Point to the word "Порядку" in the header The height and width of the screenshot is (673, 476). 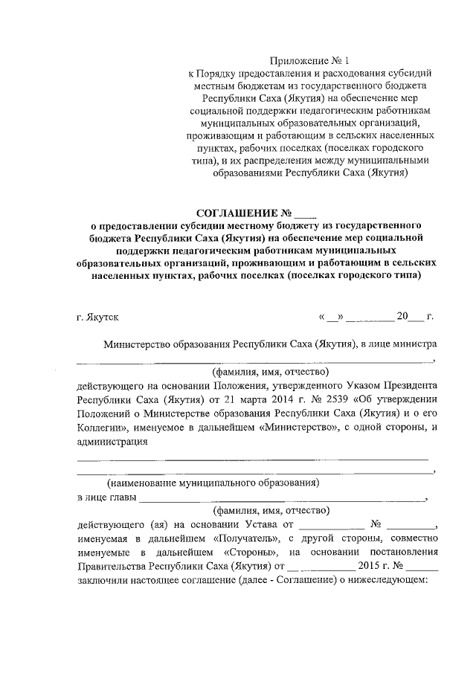coord(218,74)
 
